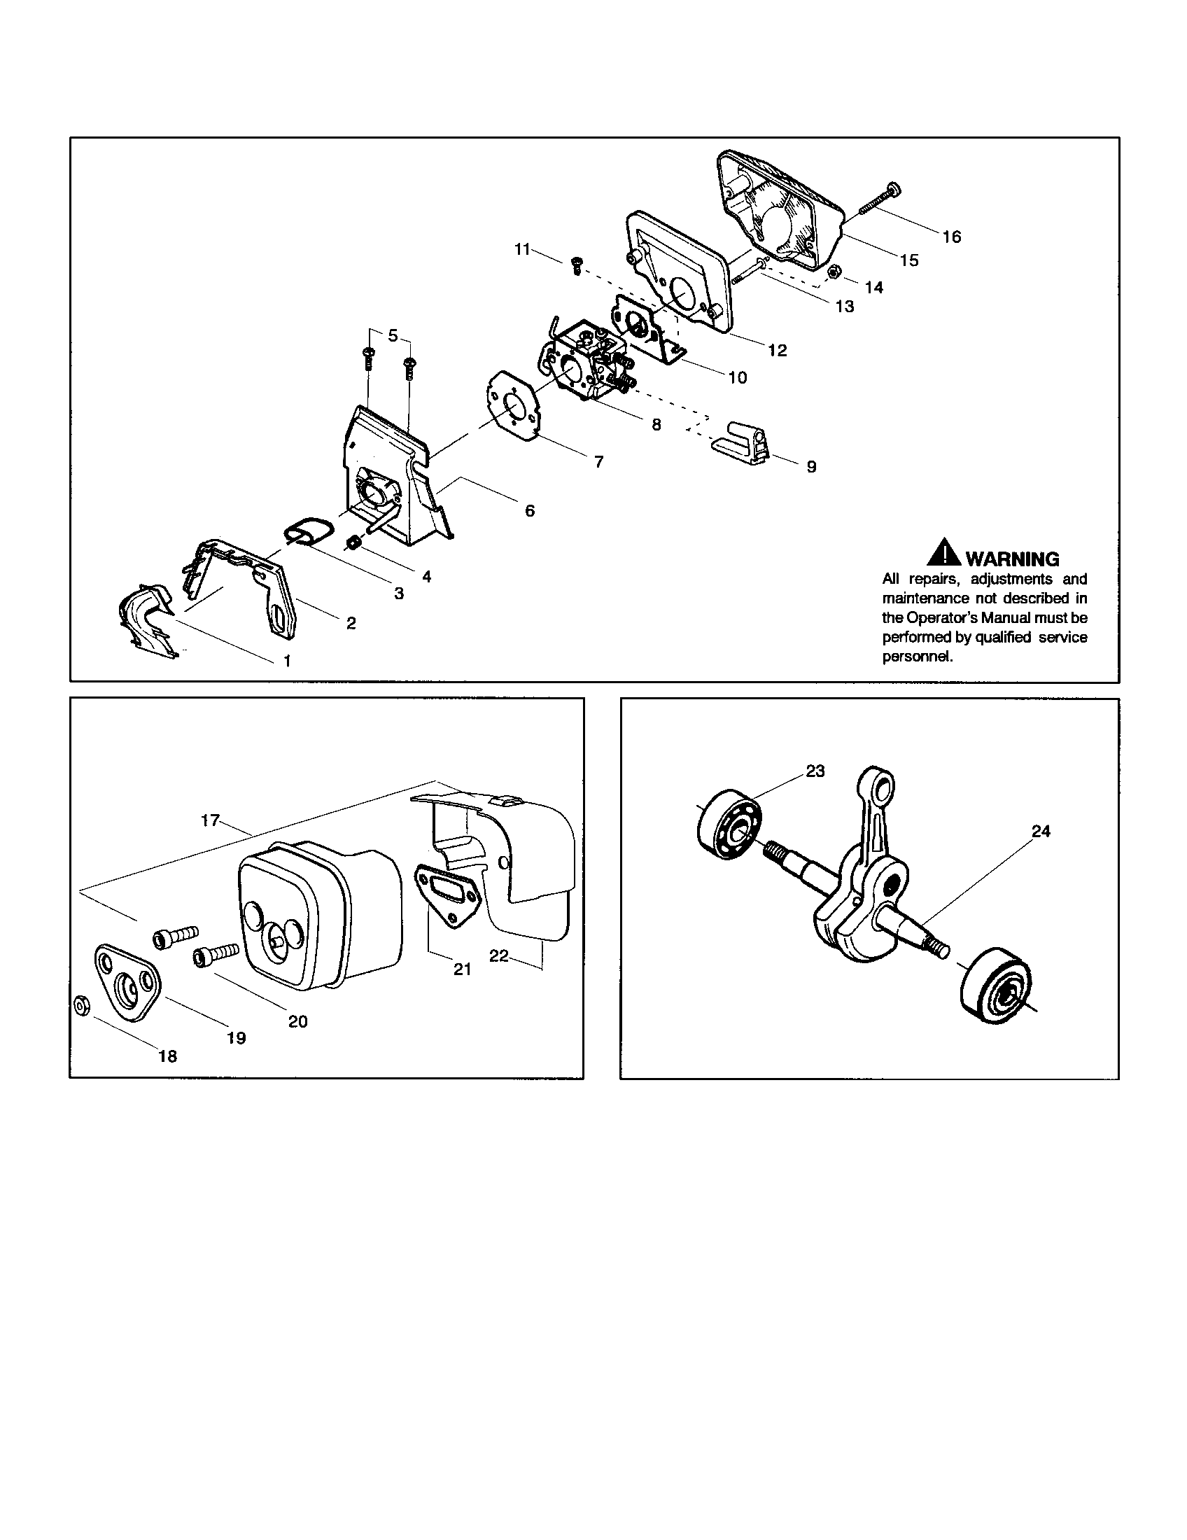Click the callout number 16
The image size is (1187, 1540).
pyautogui.click(x=951, y=237)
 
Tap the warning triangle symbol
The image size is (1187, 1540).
pyautogui.click(x=944, y=554)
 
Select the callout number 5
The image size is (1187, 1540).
pyautogui.click(x=393, y=336)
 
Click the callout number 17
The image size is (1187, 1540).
pyautogui.click(x=210, y=821)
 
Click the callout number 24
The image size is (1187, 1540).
pyautogui.click(x=1041, y=832)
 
